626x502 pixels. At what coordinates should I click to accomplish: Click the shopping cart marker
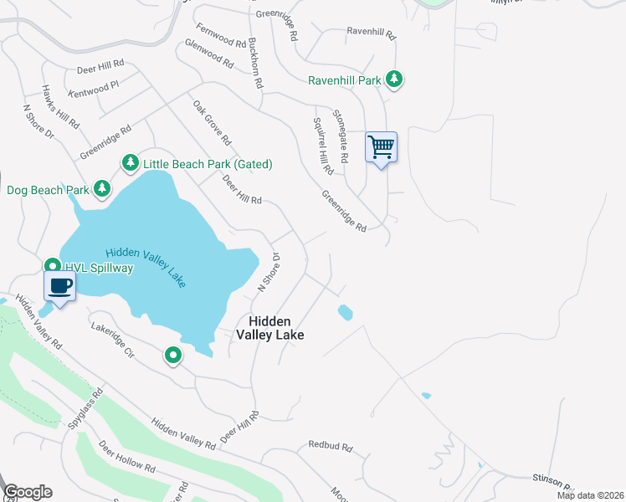click(381, 148)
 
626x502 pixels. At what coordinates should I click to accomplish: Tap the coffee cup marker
click(59, 287)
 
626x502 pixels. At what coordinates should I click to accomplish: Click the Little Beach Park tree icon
click(130, 162)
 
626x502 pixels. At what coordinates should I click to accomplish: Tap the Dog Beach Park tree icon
click(102, 188)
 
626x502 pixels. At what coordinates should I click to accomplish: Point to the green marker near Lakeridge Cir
click(173, 356)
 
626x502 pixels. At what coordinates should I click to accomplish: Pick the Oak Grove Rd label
click(212, 124)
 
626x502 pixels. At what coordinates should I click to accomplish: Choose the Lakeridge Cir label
click(113, 341)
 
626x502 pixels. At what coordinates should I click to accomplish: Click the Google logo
click(27, 492)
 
